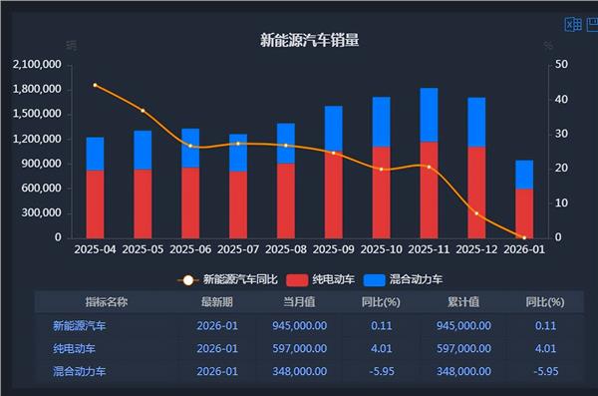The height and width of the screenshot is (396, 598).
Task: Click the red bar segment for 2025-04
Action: (95, 203)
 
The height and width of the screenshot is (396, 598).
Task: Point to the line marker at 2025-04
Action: (95, 85)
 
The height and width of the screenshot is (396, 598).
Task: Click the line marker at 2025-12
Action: (476, 213)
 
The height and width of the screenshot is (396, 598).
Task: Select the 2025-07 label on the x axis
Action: (238, 250)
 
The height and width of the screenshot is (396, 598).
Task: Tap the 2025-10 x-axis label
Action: (381, 250)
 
